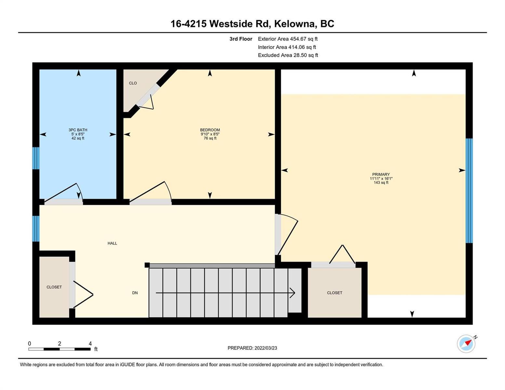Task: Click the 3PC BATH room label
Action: pos(78,130)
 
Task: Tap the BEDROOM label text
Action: pos(210,130)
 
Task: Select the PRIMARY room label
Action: pos(381,174)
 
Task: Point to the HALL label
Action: pos(112,243)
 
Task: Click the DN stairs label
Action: pos(135,293)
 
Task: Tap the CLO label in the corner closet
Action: pos(133,83)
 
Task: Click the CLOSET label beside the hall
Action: pos(54,287)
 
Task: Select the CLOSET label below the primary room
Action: pos(334,293)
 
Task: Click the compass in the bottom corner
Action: pos(466,344)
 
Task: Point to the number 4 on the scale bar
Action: pos(90,344)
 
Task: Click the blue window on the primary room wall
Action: pos(469,190)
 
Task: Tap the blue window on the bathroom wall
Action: pos(36,158)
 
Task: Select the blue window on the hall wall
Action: pos(36,229)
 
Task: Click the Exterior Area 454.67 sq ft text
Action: pos(288,39)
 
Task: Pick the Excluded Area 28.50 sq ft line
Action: pos(288,55)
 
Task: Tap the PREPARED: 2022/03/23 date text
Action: pos(252,348)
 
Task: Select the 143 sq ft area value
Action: pos(381,183)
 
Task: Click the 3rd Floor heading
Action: pos(241,39)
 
